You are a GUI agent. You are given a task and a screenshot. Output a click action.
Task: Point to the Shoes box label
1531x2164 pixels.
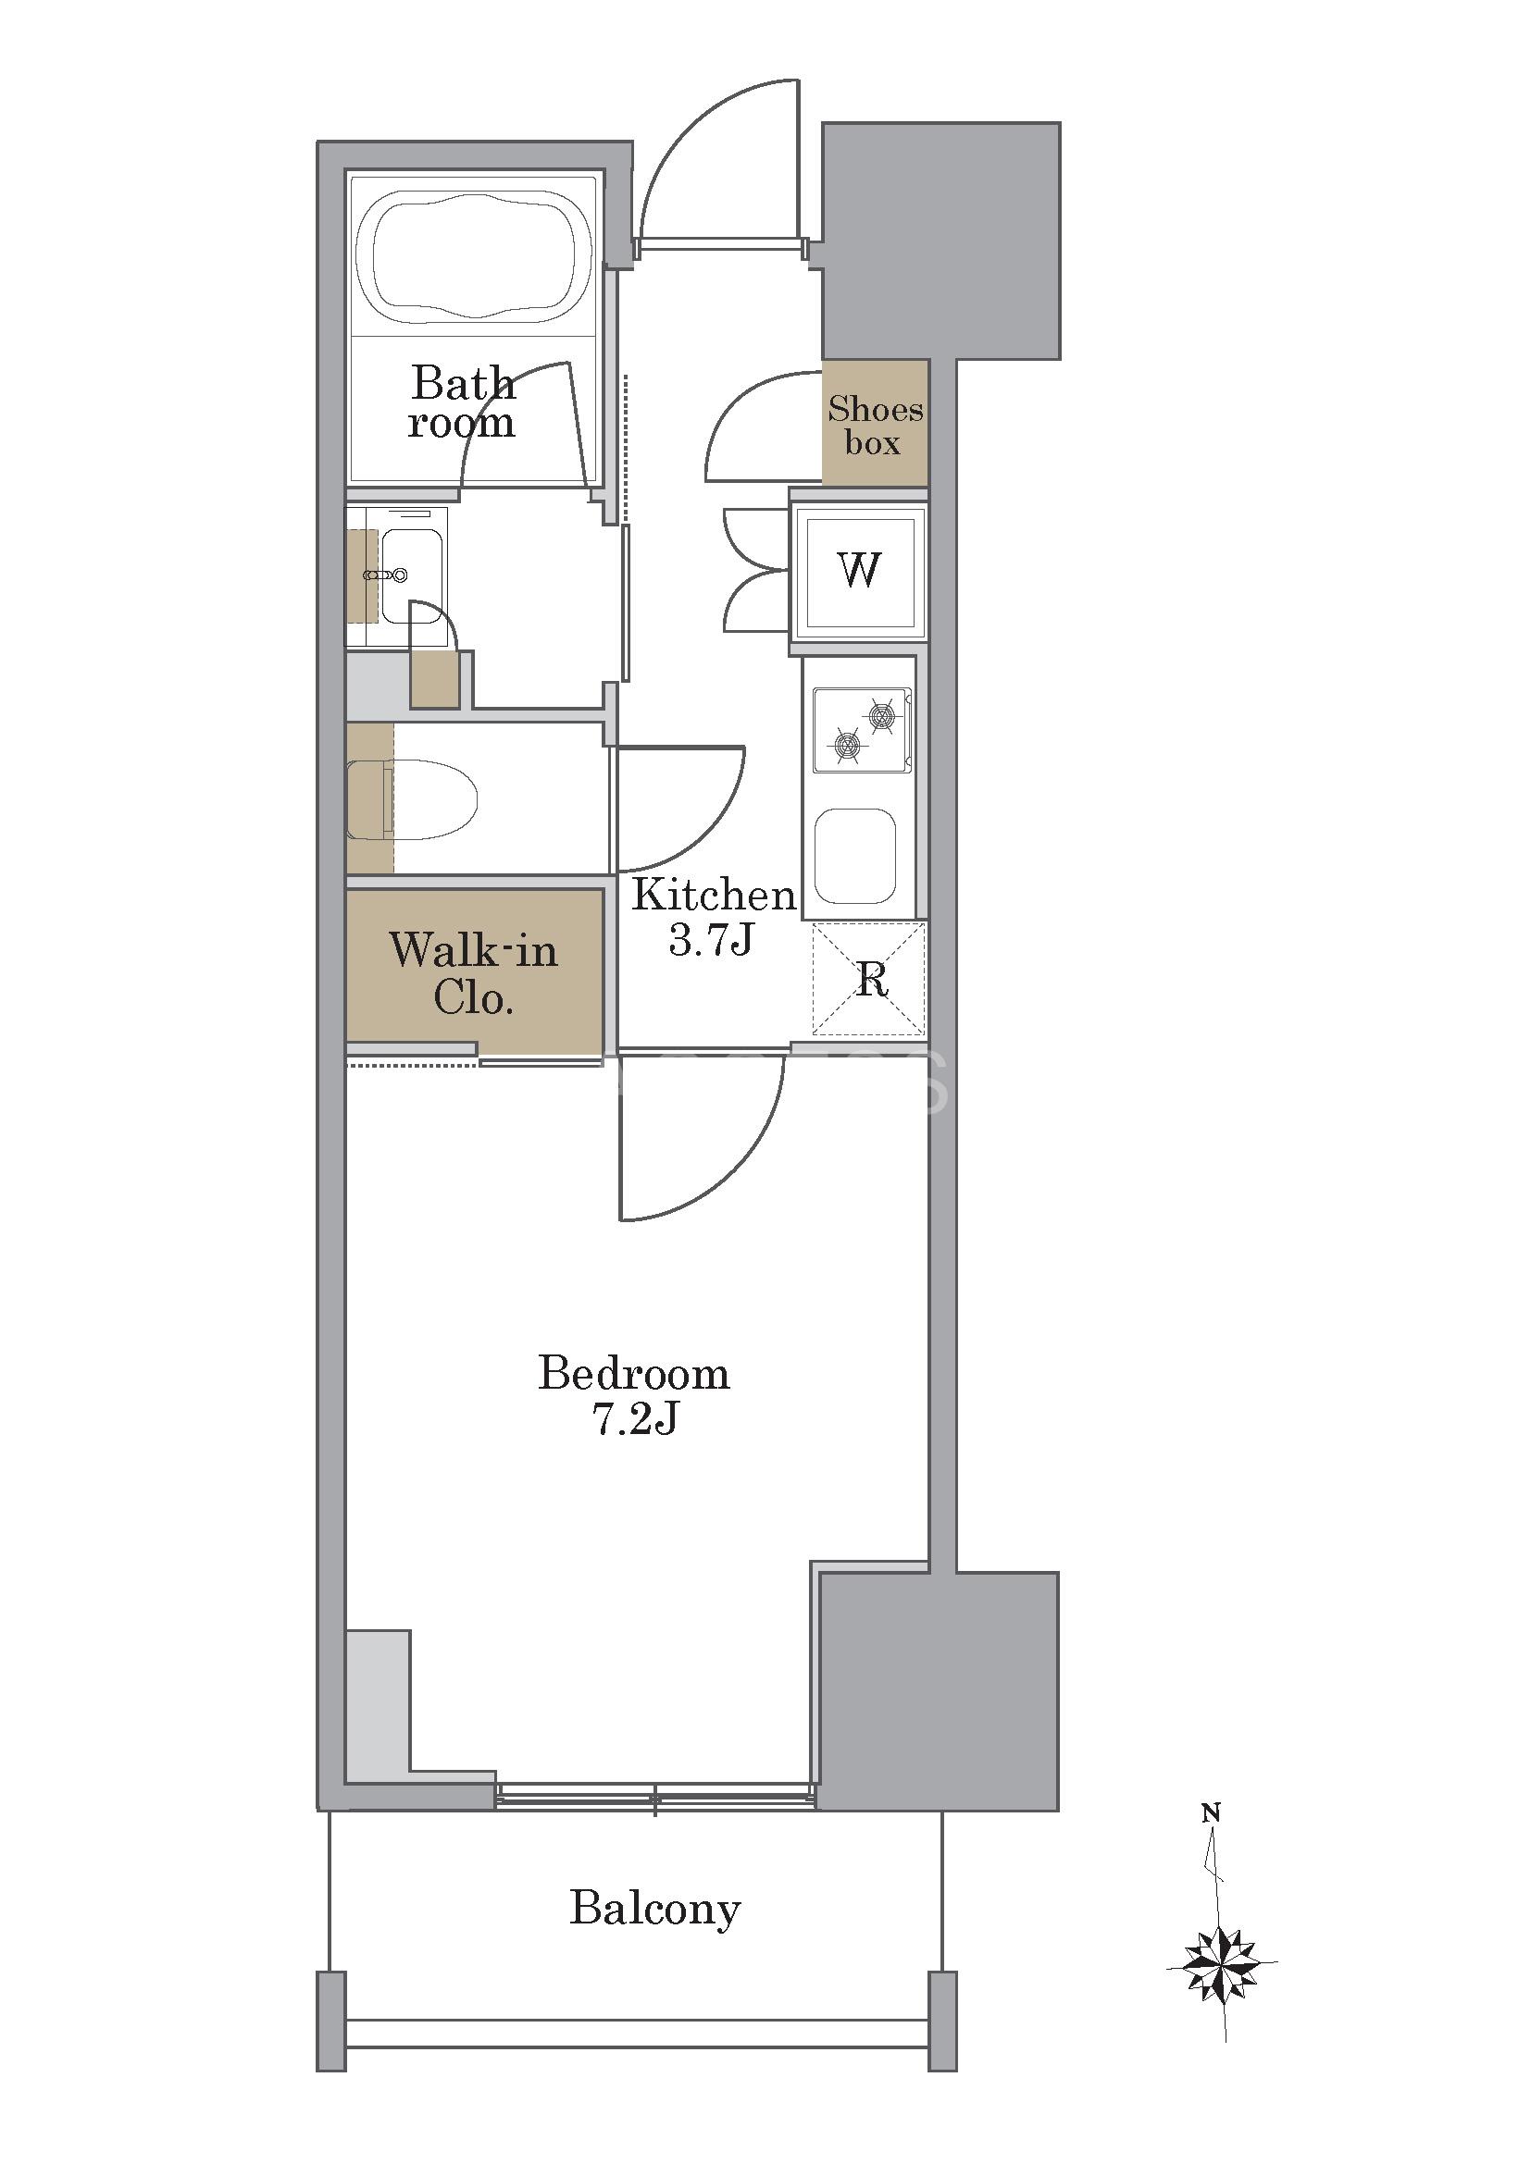coord(875,425)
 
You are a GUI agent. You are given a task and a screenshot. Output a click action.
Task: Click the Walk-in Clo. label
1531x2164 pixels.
coord(473,972)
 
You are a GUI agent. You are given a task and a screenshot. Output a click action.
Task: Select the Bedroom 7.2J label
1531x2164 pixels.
coord(633,1394)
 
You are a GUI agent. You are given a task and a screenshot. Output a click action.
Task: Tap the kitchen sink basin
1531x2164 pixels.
coord(855,856)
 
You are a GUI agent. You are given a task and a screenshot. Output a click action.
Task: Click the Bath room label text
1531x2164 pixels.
coord(462,402)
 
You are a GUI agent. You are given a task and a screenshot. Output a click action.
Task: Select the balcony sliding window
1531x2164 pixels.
coord(655,1794)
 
